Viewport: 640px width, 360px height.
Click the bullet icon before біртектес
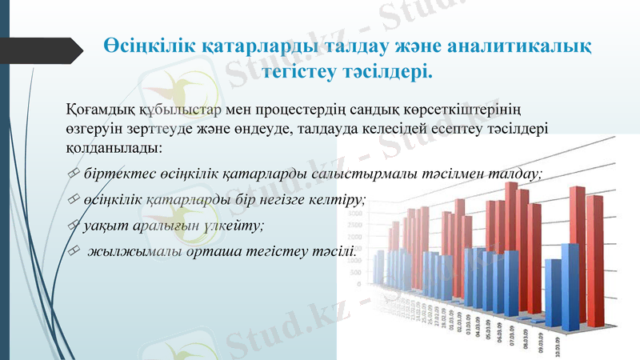[73, 174]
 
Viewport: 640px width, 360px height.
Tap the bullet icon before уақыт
[73, 226]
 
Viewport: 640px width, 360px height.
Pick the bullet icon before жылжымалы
[73, 252]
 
